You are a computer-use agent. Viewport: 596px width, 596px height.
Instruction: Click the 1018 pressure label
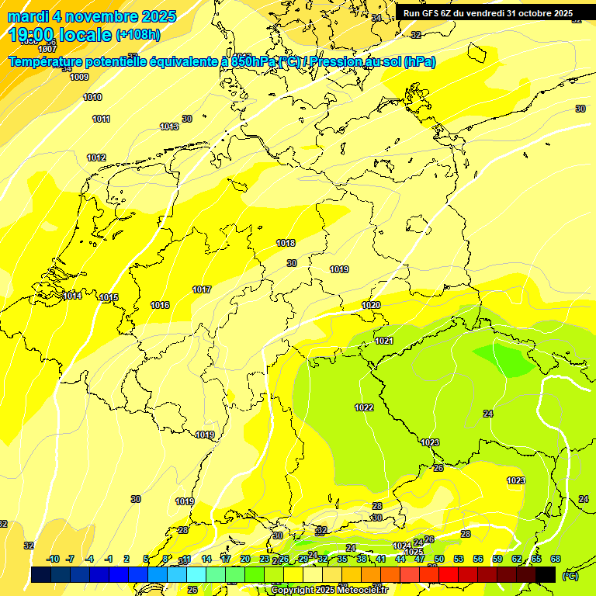286,243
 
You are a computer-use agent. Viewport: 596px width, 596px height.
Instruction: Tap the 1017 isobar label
202,289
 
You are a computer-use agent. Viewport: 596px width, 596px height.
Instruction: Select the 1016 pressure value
160,305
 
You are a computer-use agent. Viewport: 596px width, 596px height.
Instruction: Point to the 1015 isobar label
109,297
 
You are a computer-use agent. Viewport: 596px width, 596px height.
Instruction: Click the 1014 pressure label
73,296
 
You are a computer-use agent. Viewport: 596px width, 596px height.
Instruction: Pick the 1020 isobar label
371,305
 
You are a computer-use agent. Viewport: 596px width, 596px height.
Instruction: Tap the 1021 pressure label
384,341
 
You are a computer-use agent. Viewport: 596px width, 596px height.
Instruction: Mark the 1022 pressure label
364,407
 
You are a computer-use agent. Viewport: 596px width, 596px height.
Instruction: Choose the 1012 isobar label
96,158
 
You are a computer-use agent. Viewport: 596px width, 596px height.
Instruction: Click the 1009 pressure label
79,77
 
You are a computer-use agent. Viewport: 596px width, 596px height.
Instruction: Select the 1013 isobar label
169,126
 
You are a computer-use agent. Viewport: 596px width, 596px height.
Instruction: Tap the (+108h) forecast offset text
138,35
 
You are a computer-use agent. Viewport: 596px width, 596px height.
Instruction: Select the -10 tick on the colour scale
53,559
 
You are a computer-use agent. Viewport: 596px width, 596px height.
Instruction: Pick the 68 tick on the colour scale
556,559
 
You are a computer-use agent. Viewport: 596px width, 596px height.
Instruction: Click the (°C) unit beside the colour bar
570,575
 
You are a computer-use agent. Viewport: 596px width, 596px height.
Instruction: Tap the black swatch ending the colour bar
546,574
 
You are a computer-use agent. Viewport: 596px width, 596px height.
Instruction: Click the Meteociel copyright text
329,590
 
